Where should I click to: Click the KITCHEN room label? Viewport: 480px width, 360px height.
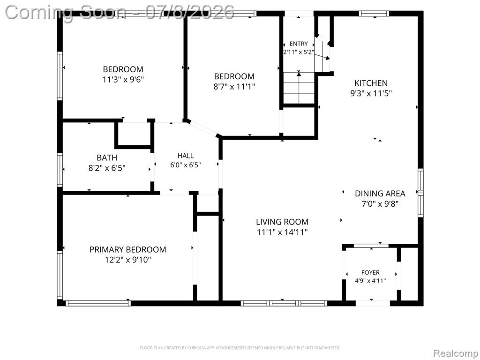pos(371,83)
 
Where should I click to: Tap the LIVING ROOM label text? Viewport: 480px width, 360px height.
pos(282,222)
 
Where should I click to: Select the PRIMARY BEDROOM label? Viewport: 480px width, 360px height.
pos(127,249)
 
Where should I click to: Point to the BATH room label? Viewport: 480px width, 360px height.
pos(107,157)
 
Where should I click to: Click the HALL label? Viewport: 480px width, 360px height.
pos(186,156)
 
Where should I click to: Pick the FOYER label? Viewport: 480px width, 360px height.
pos(370,272)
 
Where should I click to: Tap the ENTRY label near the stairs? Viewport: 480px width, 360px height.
pos(299,44)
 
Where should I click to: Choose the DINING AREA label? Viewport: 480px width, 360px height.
pos(380,194)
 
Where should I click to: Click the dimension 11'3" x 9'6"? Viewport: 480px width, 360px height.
pos(123,80)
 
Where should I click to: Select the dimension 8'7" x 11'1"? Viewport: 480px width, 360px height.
pos(234,87)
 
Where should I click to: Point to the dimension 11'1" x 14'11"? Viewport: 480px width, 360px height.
pos(282,232)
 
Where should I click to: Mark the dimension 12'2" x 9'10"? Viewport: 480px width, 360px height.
pos(128,260)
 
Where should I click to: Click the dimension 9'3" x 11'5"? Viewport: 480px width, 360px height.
pos(371,93)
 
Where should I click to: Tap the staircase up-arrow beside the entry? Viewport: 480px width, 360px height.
pos(299,87)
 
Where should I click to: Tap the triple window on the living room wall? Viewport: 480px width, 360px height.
pos(284,303)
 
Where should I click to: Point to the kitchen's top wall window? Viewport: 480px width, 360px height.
pos(374,14)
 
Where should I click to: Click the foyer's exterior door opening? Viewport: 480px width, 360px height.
pos(373,303)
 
